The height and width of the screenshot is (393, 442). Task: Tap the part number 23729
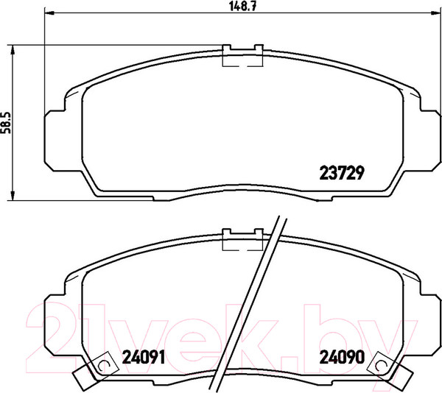tap(343, 173)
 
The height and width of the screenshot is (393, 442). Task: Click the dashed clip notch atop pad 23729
tap(243, 57)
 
